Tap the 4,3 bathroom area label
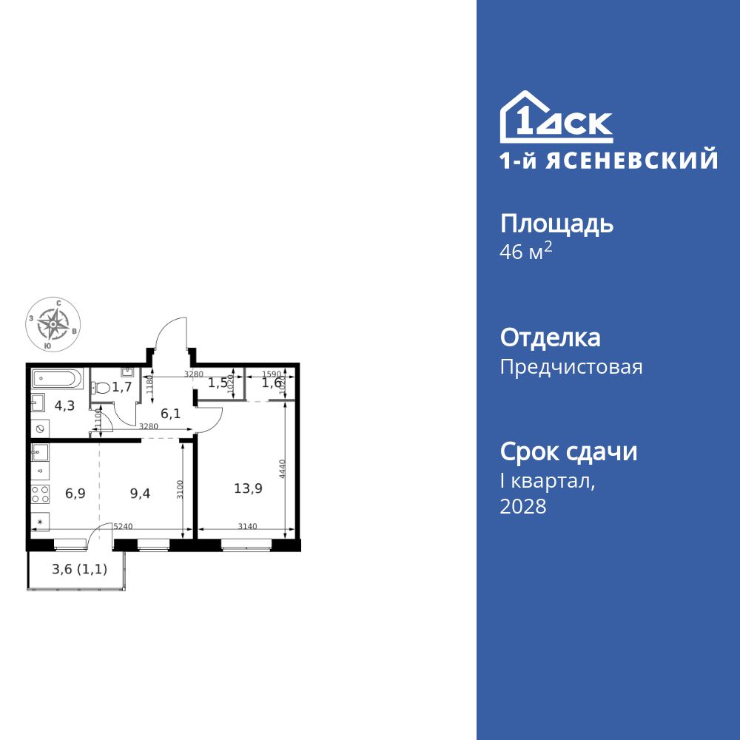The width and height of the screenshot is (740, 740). tap(64, 406)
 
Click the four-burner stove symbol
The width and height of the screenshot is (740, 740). tap(41, 493)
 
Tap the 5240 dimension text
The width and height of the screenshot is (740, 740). tap(123, 527)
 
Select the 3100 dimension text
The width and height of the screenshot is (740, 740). tap(178, 490)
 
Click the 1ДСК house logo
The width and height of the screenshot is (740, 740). tap(556, 118)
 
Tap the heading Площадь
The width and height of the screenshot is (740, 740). tap(556, 223)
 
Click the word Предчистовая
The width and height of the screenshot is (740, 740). tap(571, 367)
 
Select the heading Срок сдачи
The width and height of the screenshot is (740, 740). tap(568, 451)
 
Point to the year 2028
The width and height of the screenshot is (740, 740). tap(523, 507)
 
